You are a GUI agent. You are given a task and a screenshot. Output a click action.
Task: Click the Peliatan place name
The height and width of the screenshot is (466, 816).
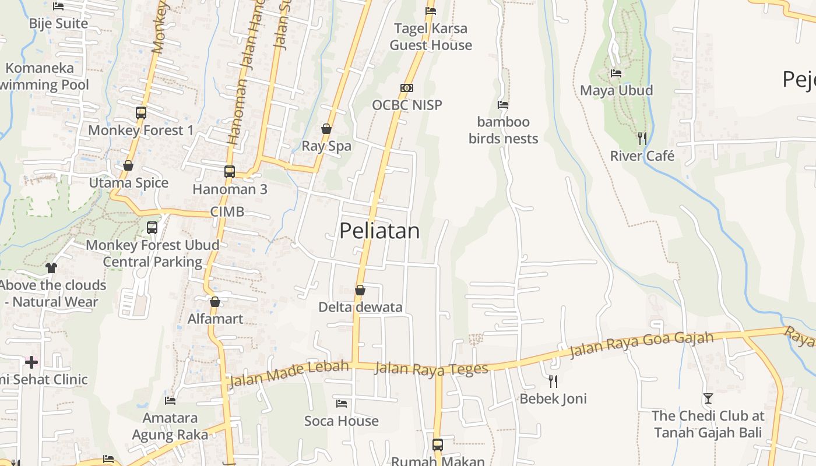pyautogui.click(x=379, y=231)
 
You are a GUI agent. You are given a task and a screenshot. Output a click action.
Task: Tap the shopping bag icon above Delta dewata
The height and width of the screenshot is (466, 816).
pyautogui.click(x=360, y=290)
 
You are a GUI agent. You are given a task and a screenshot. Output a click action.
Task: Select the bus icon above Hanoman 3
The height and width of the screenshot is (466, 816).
pyautogui.click(x=230, y=172)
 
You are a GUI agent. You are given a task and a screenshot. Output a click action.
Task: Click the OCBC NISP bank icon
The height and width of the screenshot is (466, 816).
pyautogui.click(x=407, y=88)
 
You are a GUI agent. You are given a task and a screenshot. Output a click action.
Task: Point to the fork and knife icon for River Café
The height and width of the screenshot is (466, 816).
pyautogui.click(x=642, y=139)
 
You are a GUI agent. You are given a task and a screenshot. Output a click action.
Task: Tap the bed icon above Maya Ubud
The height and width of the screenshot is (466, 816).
pyautogui.click(x=616, y=73)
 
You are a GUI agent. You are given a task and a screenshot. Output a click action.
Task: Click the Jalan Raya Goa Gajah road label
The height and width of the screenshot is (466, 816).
pyautogui.click(x=641, y=345)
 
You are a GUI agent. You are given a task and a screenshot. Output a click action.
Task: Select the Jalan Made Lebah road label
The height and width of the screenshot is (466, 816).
pyautogui.click(x=289, y=374)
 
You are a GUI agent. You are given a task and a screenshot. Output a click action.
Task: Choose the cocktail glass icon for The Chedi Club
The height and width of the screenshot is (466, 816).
pyautogui.click(x=708, y=398)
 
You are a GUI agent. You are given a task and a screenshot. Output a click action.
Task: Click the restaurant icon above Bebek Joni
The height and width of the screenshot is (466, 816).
pyautogui.click(x=553, y=382)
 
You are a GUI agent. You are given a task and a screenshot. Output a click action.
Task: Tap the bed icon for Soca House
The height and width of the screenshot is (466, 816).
pyautogui.click(x=342, y=403)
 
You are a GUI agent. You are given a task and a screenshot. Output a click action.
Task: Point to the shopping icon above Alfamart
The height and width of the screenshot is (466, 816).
pyautogui.click(x=215, y=302)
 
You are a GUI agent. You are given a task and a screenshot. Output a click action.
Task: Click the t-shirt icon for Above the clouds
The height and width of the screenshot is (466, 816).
pyautogui.click(x=51, y=268)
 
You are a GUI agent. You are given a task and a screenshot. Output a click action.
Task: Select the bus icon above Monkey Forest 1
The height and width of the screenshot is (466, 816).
pyautogui.click(x=140, y=113)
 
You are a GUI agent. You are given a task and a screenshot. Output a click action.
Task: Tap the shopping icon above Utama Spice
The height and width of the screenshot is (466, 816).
pyautogui.click(x=128, y=166)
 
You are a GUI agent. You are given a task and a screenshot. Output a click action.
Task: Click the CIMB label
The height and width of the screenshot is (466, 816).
pyautogui.click(x=227, y=211)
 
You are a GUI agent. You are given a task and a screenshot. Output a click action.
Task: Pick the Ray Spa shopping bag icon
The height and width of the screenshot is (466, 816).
pyautogui.click(x=326, y=129)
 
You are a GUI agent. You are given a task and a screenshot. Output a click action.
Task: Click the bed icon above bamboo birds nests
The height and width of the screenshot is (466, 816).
pyautogui.click(x=503, y=105)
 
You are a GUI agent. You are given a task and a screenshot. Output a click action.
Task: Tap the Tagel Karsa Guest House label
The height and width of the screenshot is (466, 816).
pyautogui.click(x=431, y=37)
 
